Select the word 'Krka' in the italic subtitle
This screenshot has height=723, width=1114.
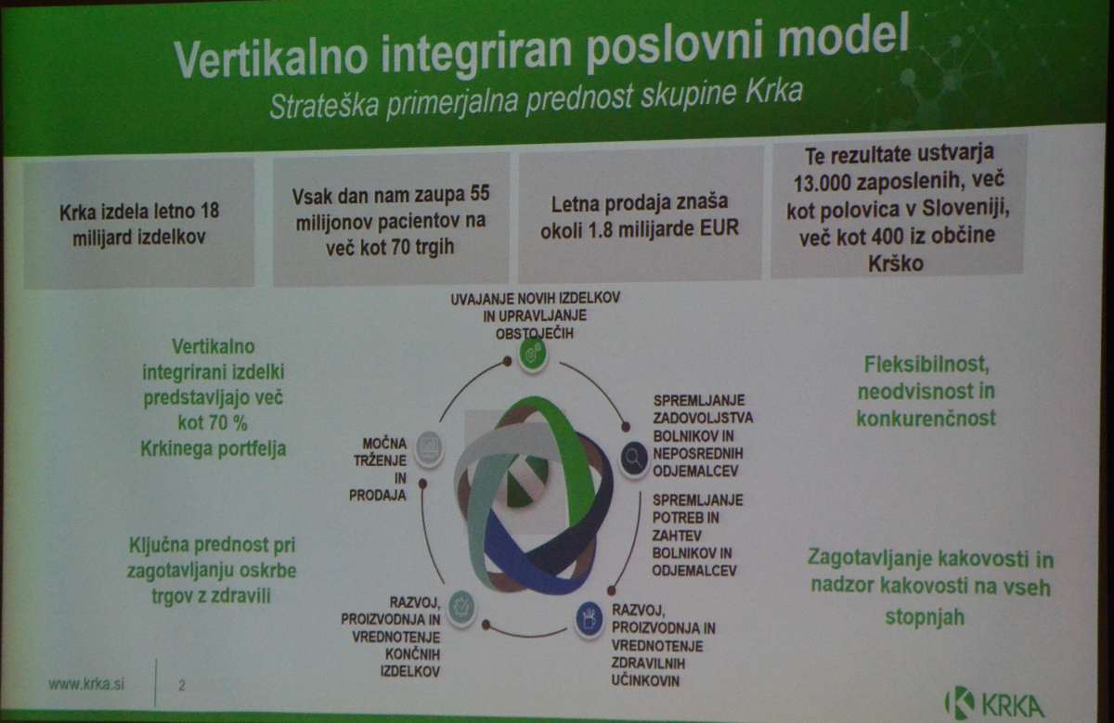[773, 92]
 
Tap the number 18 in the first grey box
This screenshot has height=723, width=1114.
[210, 211]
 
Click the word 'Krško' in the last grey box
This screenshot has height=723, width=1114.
[896, 264]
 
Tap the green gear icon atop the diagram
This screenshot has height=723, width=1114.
[532, 354]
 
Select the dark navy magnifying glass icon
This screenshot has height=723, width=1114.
[634, 458]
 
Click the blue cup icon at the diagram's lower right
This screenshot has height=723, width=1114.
[589, 618]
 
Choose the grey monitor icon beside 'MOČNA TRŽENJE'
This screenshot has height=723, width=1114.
[429, 448]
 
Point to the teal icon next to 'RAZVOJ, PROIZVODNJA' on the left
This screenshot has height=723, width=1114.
[461, 607]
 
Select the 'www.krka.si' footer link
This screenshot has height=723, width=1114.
[86, 685]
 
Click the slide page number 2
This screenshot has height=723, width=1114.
[182, 686]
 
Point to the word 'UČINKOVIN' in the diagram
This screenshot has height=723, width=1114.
[645, 680]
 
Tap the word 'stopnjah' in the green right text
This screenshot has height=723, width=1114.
[925, 617]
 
